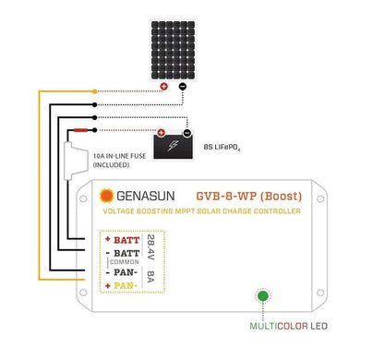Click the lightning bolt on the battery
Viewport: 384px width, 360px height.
tap(171, 147)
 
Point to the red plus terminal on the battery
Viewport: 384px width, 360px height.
tap(159, 131)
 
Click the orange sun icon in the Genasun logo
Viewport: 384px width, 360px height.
tap(106, 197)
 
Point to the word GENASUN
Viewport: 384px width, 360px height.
tap(144, 197)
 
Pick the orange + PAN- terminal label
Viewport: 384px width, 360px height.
tap(123, 285)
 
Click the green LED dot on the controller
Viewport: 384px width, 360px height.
tap(263, 297)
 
